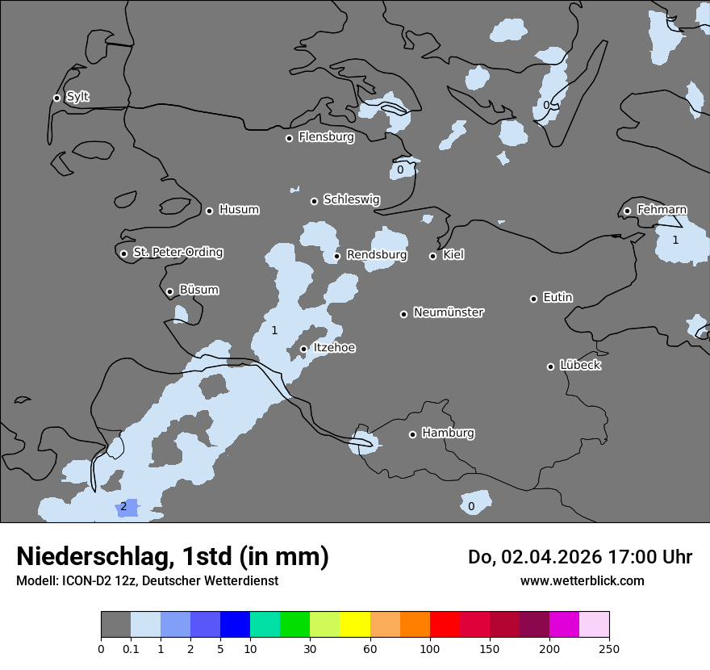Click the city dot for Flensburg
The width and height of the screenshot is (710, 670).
[289, 138]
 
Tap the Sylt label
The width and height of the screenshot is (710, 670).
[77, 97]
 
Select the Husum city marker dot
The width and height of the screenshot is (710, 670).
[209, 211]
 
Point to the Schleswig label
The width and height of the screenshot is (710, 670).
[351, 199]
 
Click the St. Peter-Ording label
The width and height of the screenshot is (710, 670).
[177, 253]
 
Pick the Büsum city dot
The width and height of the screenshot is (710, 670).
[169, 292]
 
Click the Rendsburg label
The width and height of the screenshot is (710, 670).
[377, 255]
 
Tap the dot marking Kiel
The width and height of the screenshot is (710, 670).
[432, 256]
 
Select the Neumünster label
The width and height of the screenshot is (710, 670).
[449, 312]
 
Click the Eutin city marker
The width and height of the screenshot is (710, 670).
[533, 299]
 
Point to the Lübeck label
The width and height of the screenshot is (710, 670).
[580, 366]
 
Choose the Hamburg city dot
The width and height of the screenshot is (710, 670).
[412, 434]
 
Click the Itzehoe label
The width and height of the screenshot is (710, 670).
[334, 348]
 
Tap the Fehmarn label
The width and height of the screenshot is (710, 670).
[662, 210]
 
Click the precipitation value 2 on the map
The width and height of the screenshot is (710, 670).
[123, 507]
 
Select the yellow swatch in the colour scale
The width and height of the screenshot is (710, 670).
[355, 625]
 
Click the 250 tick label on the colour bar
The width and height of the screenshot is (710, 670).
[609, 648]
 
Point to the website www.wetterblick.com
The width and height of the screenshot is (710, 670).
[582, 580]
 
